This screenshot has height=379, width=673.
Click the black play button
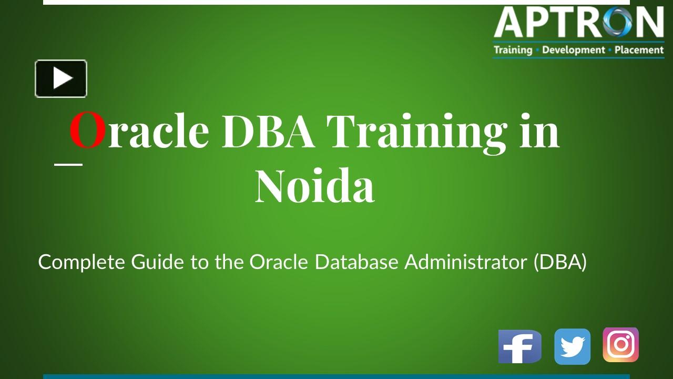pos(61,78)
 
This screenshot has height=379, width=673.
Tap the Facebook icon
pos(520,346)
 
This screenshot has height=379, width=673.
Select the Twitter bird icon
pos(573,346)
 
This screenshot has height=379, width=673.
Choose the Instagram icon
pos(621,345)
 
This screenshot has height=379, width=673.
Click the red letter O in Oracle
pos(87,130)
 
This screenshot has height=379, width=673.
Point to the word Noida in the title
pos(315,186)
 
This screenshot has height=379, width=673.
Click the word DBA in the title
pos(268,131)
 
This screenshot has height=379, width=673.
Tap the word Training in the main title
pos(417,134)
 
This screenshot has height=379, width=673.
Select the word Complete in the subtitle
pos(81,262)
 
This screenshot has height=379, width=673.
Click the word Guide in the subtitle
pos(157,262)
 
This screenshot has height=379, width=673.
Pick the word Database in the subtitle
pos(356,262)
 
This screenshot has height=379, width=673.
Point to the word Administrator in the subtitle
pos(466,262)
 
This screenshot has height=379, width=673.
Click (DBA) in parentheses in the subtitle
pos(560,262)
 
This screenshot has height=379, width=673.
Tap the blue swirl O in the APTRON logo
pos(617,22)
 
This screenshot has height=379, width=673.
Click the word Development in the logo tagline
pos(574,50)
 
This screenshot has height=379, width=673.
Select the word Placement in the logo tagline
pos(639,50)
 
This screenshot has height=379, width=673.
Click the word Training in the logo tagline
pos(513,50)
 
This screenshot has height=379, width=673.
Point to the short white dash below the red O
pos(68,165)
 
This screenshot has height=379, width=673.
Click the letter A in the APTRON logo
pos(510,22)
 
